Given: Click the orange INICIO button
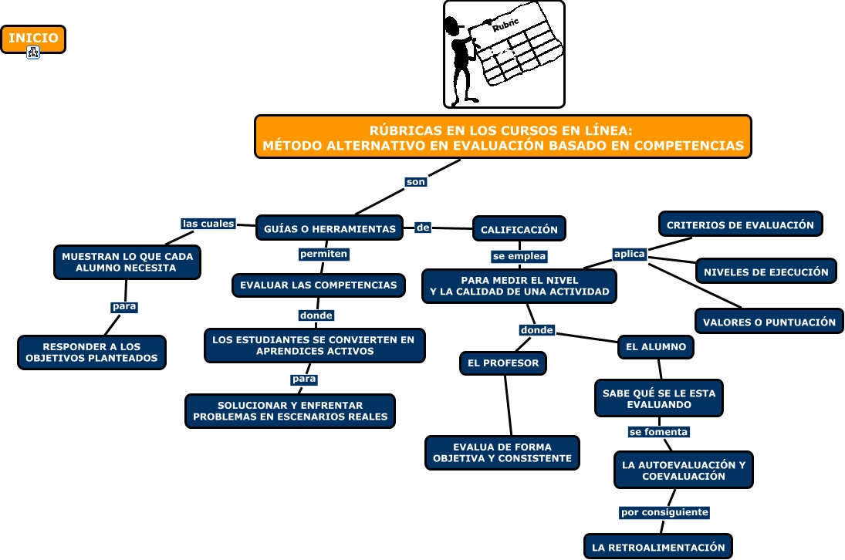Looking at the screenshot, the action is click(x=33, y=39).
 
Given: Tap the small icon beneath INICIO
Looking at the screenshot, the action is click(x=33, y=52).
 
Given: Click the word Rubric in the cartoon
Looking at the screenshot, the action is click(x=505, y=25).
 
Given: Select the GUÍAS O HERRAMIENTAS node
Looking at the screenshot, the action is click(x=330, y=228).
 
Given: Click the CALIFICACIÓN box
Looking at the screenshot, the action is click(x=519, y=229).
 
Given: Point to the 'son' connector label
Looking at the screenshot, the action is click(x=415, y=182).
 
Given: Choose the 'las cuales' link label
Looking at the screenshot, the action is click(x=208, y=224).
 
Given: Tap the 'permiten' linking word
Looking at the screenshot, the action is click(x=324, y=254).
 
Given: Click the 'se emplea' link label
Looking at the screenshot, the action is click(x=519, y=256).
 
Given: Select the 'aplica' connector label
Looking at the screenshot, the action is click(x=630, y=254).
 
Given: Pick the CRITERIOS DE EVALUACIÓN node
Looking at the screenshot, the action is click(x=741, y=224).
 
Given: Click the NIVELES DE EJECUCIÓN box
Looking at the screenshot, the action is click(x=766, y=272).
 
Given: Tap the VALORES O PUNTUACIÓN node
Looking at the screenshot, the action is click(x=769, y=322).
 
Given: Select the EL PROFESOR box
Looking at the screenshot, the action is click(x=503, y=363).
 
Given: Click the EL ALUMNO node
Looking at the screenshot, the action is click(x=656, y=347).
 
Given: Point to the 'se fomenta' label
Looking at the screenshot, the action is click(x=658, y=432).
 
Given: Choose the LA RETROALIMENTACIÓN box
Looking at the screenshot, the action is click(x=658, y=547).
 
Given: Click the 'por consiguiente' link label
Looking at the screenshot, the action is click(x=664, y=512).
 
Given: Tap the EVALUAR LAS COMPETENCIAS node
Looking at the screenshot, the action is click(x=319, y=285).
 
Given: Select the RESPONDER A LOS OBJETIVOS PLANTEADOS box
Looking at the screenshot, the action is click(x=92, y=353).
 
